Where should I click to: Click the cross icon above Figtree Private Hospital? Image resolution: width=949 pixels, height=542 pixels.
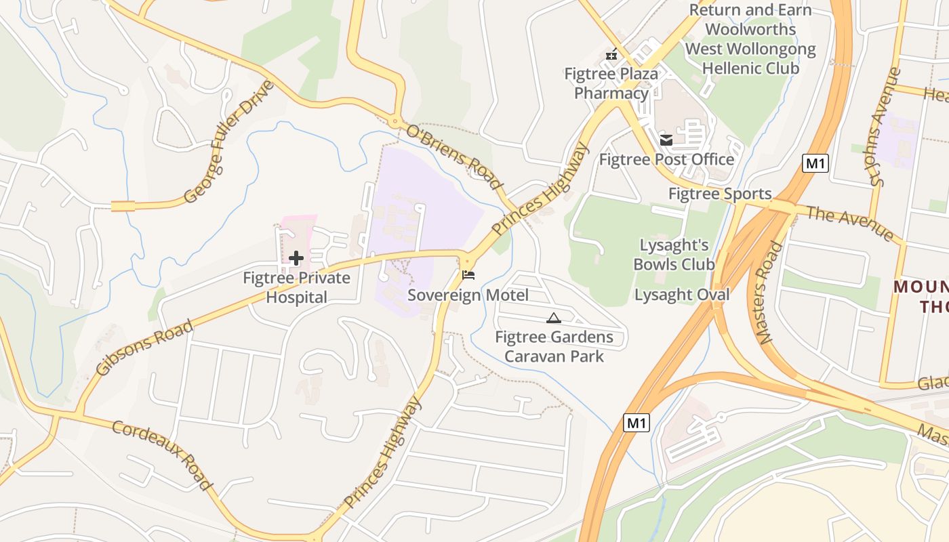pos(296,258)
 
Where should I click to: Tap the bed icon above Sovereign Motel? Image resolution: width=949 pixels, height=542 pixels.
pos(468,275)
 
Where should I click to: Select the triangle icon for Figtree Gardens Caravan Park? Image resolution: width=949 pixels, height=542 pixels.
pos(554,318)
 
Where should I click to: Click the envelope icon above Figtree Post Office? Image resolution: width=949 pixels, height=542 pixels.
pos(666,140)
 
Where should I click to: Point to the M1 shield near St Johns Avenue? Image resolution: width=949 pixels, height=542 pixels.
pos(815,163)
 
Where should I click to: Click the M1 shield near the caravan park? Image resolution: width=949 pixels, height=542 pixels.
pos(636,423)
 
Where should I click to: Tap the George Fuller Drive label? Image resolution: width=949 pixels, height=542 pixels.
pos(229,142)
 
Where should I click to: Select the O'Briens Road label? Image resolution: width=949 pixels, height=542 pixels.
pos(455,157)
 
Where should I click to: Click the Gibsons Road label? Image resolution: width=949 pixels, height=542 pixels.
pos(144,347)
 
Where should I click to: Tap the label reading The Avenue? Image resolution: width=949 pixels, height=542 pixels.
pos(850,224)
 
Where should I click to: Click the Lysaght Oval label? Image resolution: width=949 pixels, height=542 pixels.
pos(682,295)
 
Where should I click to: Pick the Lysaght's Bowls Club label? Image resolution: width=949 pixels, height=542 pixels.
pos(674,255)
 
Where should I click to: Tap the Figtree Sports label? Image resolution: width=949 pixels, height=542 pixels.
pos(720,194)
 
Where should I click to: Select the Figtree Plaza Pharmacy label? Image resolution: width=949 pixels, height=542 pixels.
pos(611,83)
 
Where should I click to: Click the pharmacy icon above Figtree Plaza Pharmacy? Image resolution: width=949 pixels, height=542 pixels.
pos(611,54)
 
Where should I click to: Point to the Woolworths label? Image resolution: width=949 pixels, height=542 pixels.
pos(750,29)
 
